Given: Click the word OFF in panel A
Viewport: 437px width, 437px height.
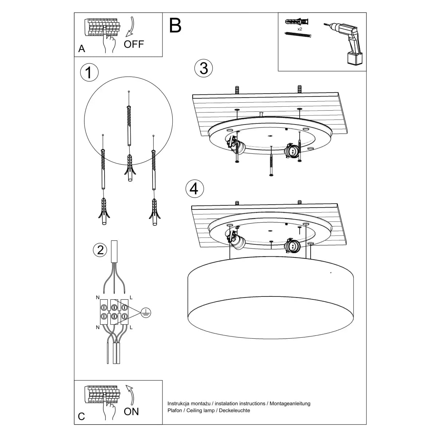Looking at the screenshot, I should pos(134,44).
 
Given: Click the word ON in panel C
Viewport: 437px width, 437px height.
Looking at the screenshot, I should pos(131,412).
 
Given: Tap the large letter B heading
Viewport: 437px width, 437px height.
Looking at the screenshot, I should pos(175,25).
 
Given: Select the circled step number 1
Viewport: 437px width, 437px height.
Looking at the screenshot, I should pos(89,72).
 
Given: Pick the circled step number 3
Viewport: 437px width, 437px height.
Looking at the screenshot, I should pos(204,68).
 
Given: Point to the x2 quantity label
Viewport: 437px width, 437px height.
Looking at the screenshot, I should pos(300,28).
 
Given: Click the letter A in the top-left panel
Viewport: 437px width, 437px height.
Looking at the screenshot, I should pos(82,49).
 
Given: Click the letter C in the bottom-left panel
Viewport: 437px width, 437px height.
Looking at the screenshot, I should pos(82,417).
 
